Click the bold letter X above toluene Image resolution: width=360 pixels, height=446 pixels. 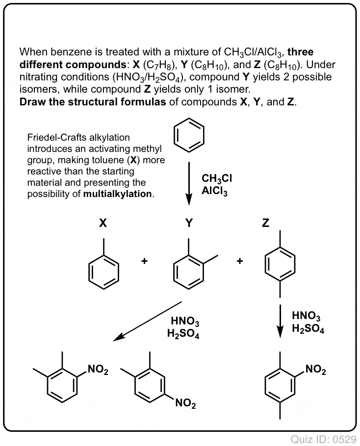pyautogui.click(x=103, y=223)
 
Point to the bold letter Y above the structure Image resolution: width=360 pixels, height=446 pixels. pyautogui.click(x=189, y=223)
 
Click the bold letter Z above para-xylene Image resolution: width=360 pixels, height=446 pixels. pyautogui.click(x=265, y=223)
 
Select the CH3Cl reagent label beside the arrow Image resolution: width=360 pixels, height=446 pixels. pyautogui.click(x=217, y=178)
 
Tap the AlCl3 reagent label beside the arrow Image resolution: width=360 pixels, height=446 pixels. pyautogui.click(x=214, y=191)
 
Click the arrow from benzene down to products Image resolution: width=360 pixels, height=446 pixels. pyautogui.click(x=189, y=183)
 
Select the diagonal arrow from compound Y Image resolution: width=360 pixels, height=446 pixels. pyautogui.click(x=148, y=321)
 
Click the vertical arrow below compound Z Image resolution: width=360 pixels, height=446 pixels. pyautogui.click(x=281, y=321)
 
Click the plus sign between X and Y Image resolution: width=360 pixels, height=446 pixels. pyautogui.click(x=144, y=261)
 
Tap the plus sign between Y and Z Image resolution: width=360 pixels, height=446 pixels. pyautogui.click(x=240, y=261)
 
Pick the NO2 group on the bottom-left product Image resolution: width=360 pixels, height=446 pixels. pyautogui.click(x=98, y=370)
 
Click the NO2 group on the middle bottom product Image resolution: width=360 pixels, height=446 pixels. pyautogui.click(x=185, y=404)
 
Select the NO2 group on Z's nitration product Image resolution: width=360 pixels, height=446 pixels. pyautogui.click(x=315, y=370)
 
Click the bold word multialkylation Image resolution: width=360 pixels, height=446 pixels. pyautogui.click(x=118, y=194)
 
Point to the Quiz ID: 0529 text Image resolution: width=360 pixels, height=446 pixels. pyautogui.click(x=324, y=440)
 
